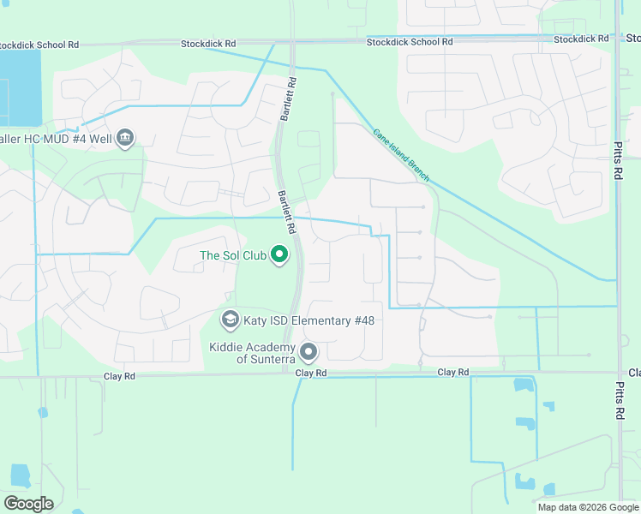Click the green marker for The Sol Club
(x=279, y=254)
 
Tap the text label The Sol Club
(x=234, y=255)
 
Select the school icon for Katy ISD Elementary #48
(x=230, y=320)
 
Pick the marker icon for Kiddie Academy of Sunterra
(x=309, y=352)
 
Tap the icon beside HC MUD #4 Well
(x=125, y=138)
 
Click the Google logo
(x=28, y=504)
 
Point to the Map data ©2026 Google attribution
(x=587, y=507)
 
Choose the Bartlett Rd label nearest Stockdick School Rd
(x=291, y=99)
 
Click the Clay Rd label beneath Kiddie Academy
(x=311, y=374)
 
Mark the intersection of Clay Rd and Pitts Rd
(x=619, y=373)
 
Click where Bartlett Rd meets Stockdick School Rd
(x=291, y=41)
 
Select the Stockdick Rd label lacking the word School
(x=580, y=39)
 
